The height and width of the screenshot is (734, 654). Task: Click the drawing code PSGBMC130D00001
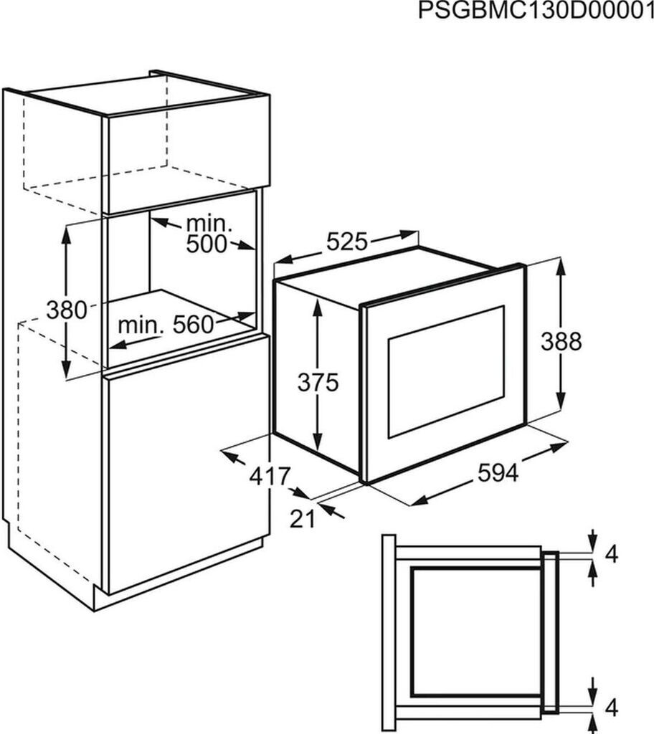click(535, 12)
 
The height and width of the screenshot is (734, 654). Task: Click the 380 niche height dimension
click(66, 310)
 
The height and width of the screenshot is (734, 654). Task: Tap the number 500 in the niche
click(206, 244)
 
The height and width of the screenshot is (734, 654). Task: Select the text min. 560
click(166, 325)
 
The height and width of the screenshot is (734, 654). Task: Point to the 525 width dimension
click(347, 242)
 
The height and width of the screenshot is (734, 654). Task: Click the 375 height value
click(318, 383)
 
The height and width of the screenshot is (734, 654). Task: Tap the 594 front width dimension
click(497, 473)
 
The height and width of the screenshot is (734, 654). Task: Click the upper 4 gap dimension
click(610, 554)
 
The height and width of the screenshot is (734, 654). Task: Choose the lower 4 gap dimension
click(610, 709)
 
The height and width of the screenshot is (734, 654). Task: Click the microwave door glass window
click(445, 371)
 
